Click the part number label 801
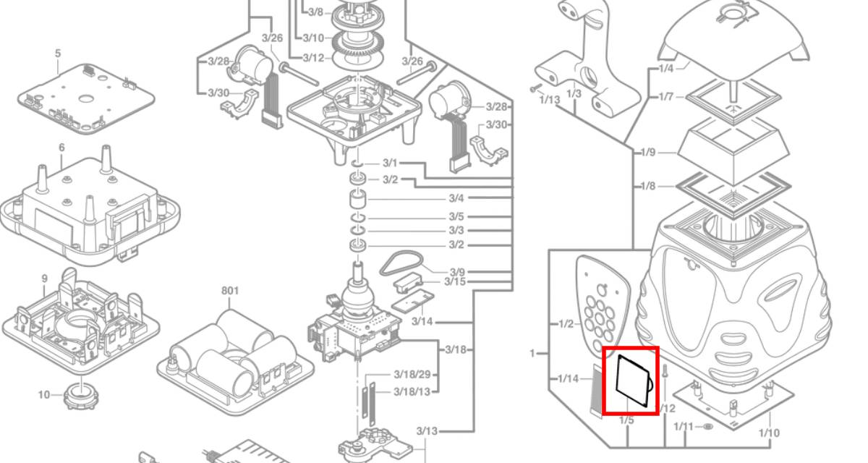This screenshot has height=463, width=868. (230, 292)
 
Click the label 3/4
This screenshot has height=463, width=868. (456, 198)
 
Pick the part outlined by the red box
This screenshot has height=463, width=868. (630, 381)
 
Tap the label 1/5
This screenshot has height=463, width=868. (626, 420)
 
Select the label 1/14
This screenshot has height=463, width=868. (568, 378)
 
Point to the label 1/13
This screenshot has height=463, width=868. (550, 99)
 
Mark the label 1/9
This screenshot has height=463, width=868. (647, 153)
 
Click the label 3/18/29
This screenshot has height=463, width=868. (412, 375)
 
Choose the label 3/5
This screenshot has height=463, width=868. (456, 216)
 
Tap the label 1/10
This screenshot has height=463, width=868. (770, 433)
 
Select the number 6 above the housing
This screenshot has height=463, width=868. (62, 148)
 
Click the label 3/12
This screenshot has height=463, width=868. (313, 58)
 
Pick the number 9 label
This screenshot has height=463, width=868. (44, 279)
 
